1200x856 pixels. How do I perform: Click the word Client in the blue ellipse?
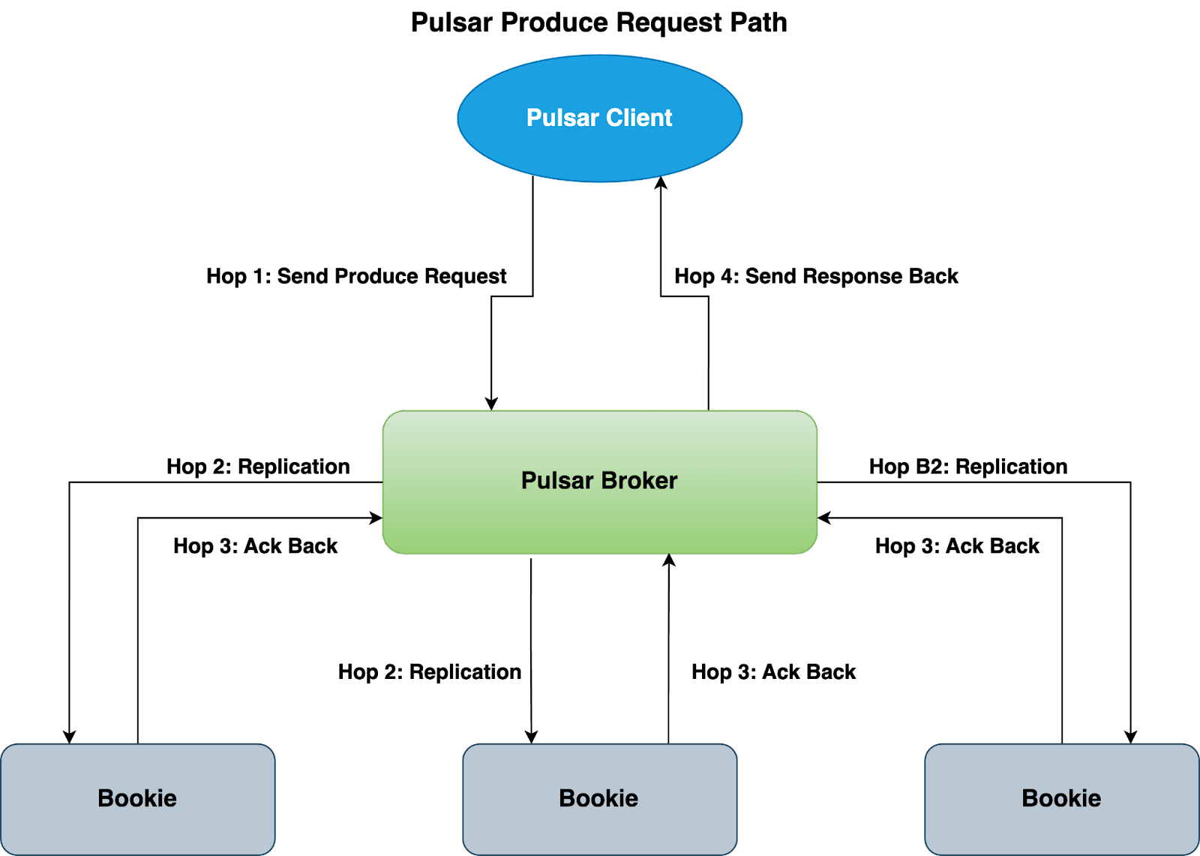click(x=639, y=118)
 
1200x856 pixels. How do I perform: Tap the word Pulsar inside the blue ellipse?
click(x=562, y=118)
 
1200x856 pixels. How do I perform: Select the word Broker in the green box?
click(x=639, y=480)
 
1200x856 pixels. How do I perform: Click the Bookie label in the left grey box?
click(x=137, y=798)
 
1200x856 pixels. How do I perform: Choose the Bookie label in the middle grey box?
click(x=598, y=798)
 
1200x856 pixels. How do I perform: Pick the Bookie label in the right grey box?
click(x=1061, y=798)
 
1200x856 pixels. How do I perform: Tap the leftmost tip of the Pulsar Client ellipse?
click(x=457, y=118)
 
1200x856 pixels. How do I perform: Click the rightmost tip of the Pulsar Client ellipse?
click(x=742, y=118)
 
